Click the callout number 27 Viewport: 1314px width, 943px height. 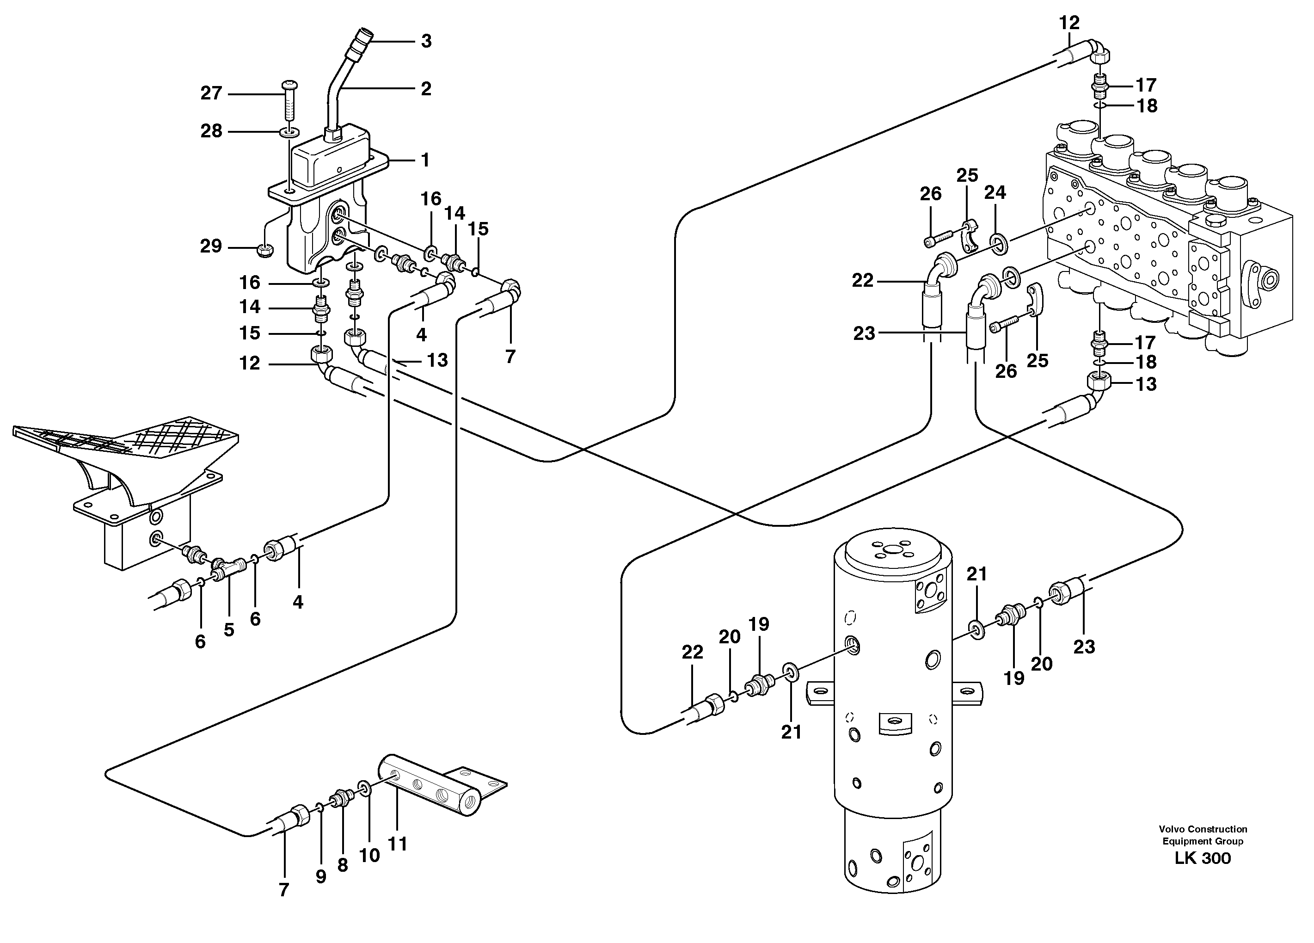pos(211,93)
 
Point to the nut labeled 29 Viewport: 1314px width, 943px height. pos(265,250)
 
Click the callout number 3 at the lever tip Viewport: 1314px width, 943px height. pos(426,41)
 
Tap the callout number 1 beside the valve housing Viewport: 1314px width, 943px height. pos(425,160)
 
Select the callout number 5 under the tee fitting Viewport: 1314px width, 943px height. pos(229,630)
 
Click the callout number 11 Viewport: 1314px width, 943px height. pos(398,844)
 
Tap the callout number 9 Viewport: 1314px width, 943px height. pos(321,877)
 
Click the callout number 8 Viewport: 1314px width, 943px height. pos(343,865)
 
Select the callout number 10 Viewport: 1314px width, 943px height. pos(369,855)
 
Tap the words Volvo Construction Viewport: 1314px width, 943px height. pos(1203,829)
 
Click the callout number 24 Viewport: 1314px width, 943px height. pos(995,192)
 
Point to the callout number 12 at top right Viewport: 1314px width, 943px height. pos(1069,23)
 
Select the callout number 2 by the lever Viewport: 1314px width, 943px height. pos(426,89)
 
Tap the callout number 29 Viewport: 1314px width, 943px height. pos(211,247)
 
